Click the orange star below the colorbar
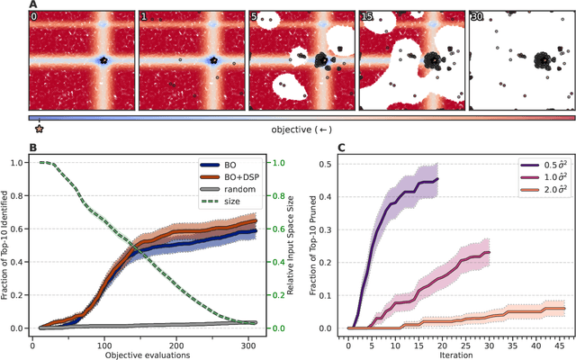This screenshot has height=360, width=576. pos(39,129)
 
